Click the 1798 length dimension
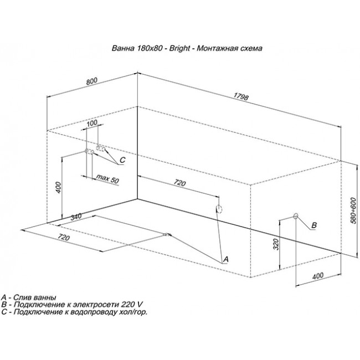point(241,97)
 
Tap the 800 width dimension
point(92,81)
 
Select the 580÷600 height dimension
point(353,210)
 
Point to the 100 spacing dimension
point(92,122)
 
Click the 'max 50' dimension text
point(107,179)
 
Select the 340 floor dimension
point(76,217)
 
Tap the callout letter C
point(122,160)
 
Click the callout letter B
point(314,225)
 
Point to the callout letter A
point(226,259)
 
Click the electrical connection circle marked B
point(296,215)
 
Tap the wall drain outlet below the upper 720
point(219,209)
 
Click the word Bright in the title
point(179,48)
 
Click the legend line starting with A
point(28,297)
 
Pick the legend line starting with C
point(74,312)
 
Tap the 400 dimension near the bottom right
point(318,275)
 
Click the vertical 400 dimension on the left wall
point(59,187)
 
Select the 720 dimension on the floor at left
point(64,238)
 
